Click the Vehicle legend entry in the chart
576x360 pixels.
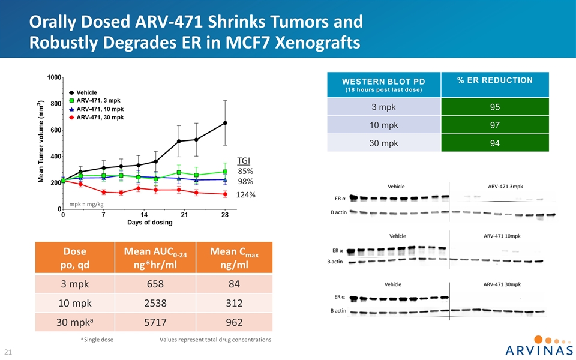coord(86,92)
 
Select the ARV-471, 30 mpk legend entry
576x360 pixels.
coord(96,118)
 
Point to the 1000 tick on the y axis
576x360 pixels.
coord(54,77)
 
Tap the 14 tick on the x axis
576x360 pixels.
coord(144,215)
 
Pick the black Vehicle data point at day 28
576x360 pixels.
coord(225,123)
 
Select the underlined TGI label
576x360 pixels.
coord(244,160)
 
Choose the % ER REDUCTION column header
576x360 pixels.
coord(495,80)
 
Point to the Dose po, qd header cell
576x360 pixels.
coord(74,259)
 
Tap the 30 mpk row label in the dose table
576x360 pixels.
coord(74,323)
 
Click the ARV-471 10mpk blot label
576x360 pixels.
coord(506,235)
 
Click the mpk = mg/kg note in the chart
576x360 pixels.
coord(88,204)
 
